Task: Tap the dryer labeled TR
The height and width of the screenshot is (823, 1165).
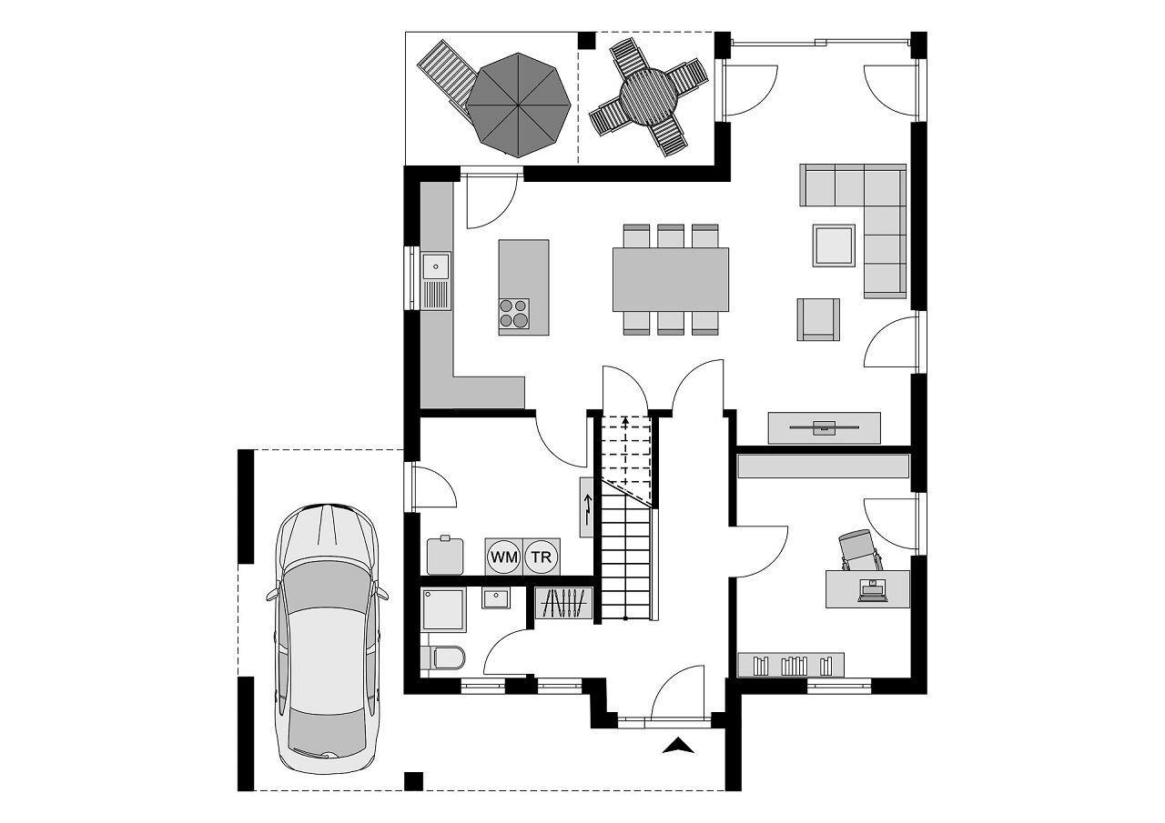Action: click(x=542, y=557)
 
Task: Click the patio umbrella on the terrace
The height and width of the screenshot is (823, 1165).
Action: click(x=519, y=103)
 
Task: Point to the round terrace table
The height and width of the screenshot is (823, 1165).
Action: click(x=647, y=97)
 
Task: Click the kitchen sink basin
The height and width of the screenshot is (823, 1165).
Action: click(x=436, y=266)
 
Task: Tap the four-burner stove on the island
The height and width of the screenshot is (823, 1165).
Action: click(x=514, y=313)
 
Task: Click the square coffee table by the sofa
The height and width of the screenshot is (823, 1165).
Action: click(x=834, y=246)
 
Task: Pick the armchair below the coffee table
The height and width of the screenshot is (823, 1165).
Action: click(x=817, y=319)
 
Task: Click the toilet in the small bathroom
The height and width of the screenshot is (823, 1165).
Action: click(x=445, y=657)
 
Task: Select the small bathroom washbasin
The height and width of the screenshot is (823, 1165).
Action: click(x=496, y=598)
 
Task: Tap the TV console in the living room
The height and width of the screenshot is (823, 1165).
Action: click(x=824, y=427)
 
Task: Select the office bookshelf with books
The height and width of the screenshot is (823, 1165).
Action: click(x=790, y=665)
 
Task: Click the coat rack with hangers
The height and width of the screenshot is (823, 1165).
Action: click(x=564, y=604)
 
